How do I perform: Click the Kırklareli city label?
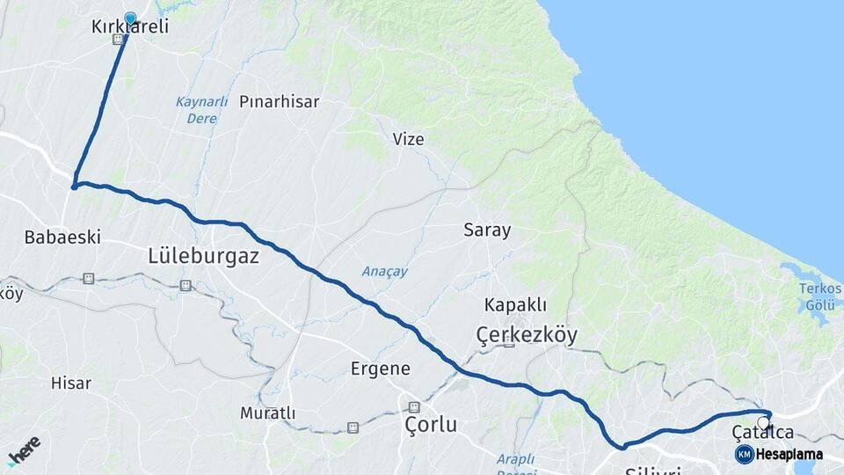tap(129, 28)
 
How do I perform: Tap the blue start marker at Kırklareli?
tap(131, 18)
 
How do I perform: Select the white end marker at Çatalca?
tap(763, 422)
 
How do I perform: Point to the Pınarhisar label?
tap(279, 101)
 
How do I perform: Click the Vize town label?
tap(408, 139)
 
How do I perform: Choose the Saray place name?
tap(487, 230)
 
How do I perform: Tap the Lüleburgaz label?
tap(202, 257)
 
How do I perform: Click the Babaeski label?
tap(62, 237)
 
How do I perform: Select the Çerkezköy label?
tap(527, 334)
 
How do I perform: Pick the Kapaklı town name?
tap(515, 305)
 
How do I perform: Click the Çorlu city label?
tap(431, 425)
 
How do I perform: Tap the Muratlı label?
tap(268, 413)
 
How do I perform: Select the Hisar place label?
tap(71, 383)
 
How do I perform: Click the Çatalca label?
tap(763, 432)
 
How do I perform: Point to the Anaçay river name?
tap(384, 271)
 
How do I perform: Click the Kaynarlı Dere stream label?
tap(196, 110)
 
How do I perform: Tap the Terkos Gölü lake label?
tap(820, 296)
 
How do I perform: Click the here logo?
tap(24, 450)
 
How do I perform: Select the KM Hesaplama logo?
tap(779, 454)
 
